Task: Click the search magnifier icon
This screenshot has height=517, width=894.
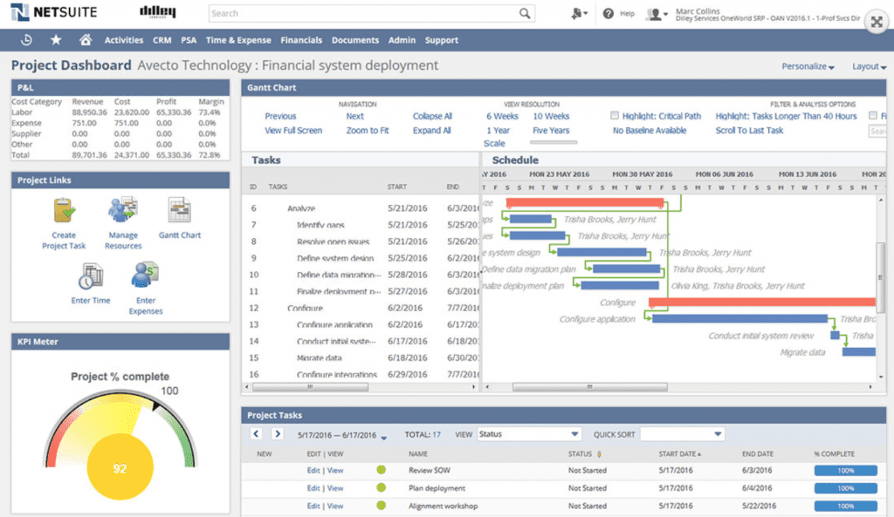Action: (x=525, y=13)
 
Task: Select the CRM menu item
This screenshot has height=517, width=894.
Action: (x=162, y=40)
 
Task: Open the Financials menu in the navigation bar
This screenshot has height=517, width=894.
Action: (x=301, y=40)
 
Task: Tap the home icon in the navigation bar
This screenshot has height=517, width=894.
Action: (x=86, y=40)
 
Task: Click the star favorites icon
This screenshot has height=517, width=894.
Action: (x=56, y=40)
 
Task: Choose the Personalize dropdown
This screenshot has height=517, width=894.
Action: (x=808, y=66)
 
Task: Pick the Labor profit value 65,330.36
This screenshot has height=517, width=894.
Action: (x=175, y=112)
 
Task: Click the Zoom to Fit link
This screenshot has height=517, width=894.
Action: (x=368, y=131)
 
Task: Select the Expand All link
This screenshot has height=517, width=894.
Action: (x=432, y=131)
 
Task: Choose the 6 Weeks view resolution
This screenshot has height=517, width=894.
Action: (x=502, y=116)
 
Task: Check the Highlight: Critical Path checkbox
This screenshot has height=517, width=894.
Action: (x=615, y=116)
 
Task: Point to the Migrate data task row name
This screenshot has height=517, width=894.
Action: (x=319, y=358)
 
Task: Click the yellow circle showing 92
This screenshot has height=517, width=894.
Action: (x=120, y=468)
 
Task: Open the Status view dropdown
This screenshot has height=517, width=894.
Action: (x=529, y=433)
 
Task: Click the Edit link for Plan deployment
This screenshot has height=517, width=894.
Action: (x=313, y=488)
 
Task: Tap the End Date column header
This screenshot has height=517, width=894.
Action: (x=758, y=453)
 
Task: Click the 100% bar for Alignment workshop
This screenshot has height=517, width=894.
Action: (x=845, y=506)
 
